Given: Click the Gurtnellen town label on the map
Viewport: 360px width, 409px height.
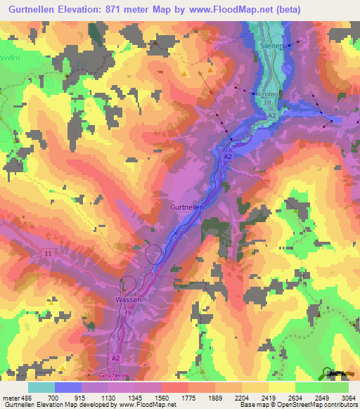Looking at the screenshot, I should (x=187, y=208).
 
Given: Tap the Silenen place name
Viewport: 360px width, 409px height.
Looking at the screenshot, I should (x=270, y=44).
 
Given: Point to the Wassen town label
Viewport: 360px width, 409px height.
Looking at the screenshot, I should (x=127, y=299).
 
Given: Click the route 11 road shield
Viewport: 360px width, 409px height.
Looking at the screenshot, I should (x=47, y=252).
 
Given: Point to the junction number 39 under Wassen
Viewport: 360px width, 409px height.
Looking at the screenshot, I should (x=127, y=309).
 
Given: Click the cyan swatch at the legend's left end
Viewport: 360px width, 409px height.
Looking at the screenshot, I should (x=41, y=387).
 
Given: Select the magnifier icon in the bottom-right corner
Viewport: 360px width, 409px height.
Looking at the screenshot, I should (x=329, y=372).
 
